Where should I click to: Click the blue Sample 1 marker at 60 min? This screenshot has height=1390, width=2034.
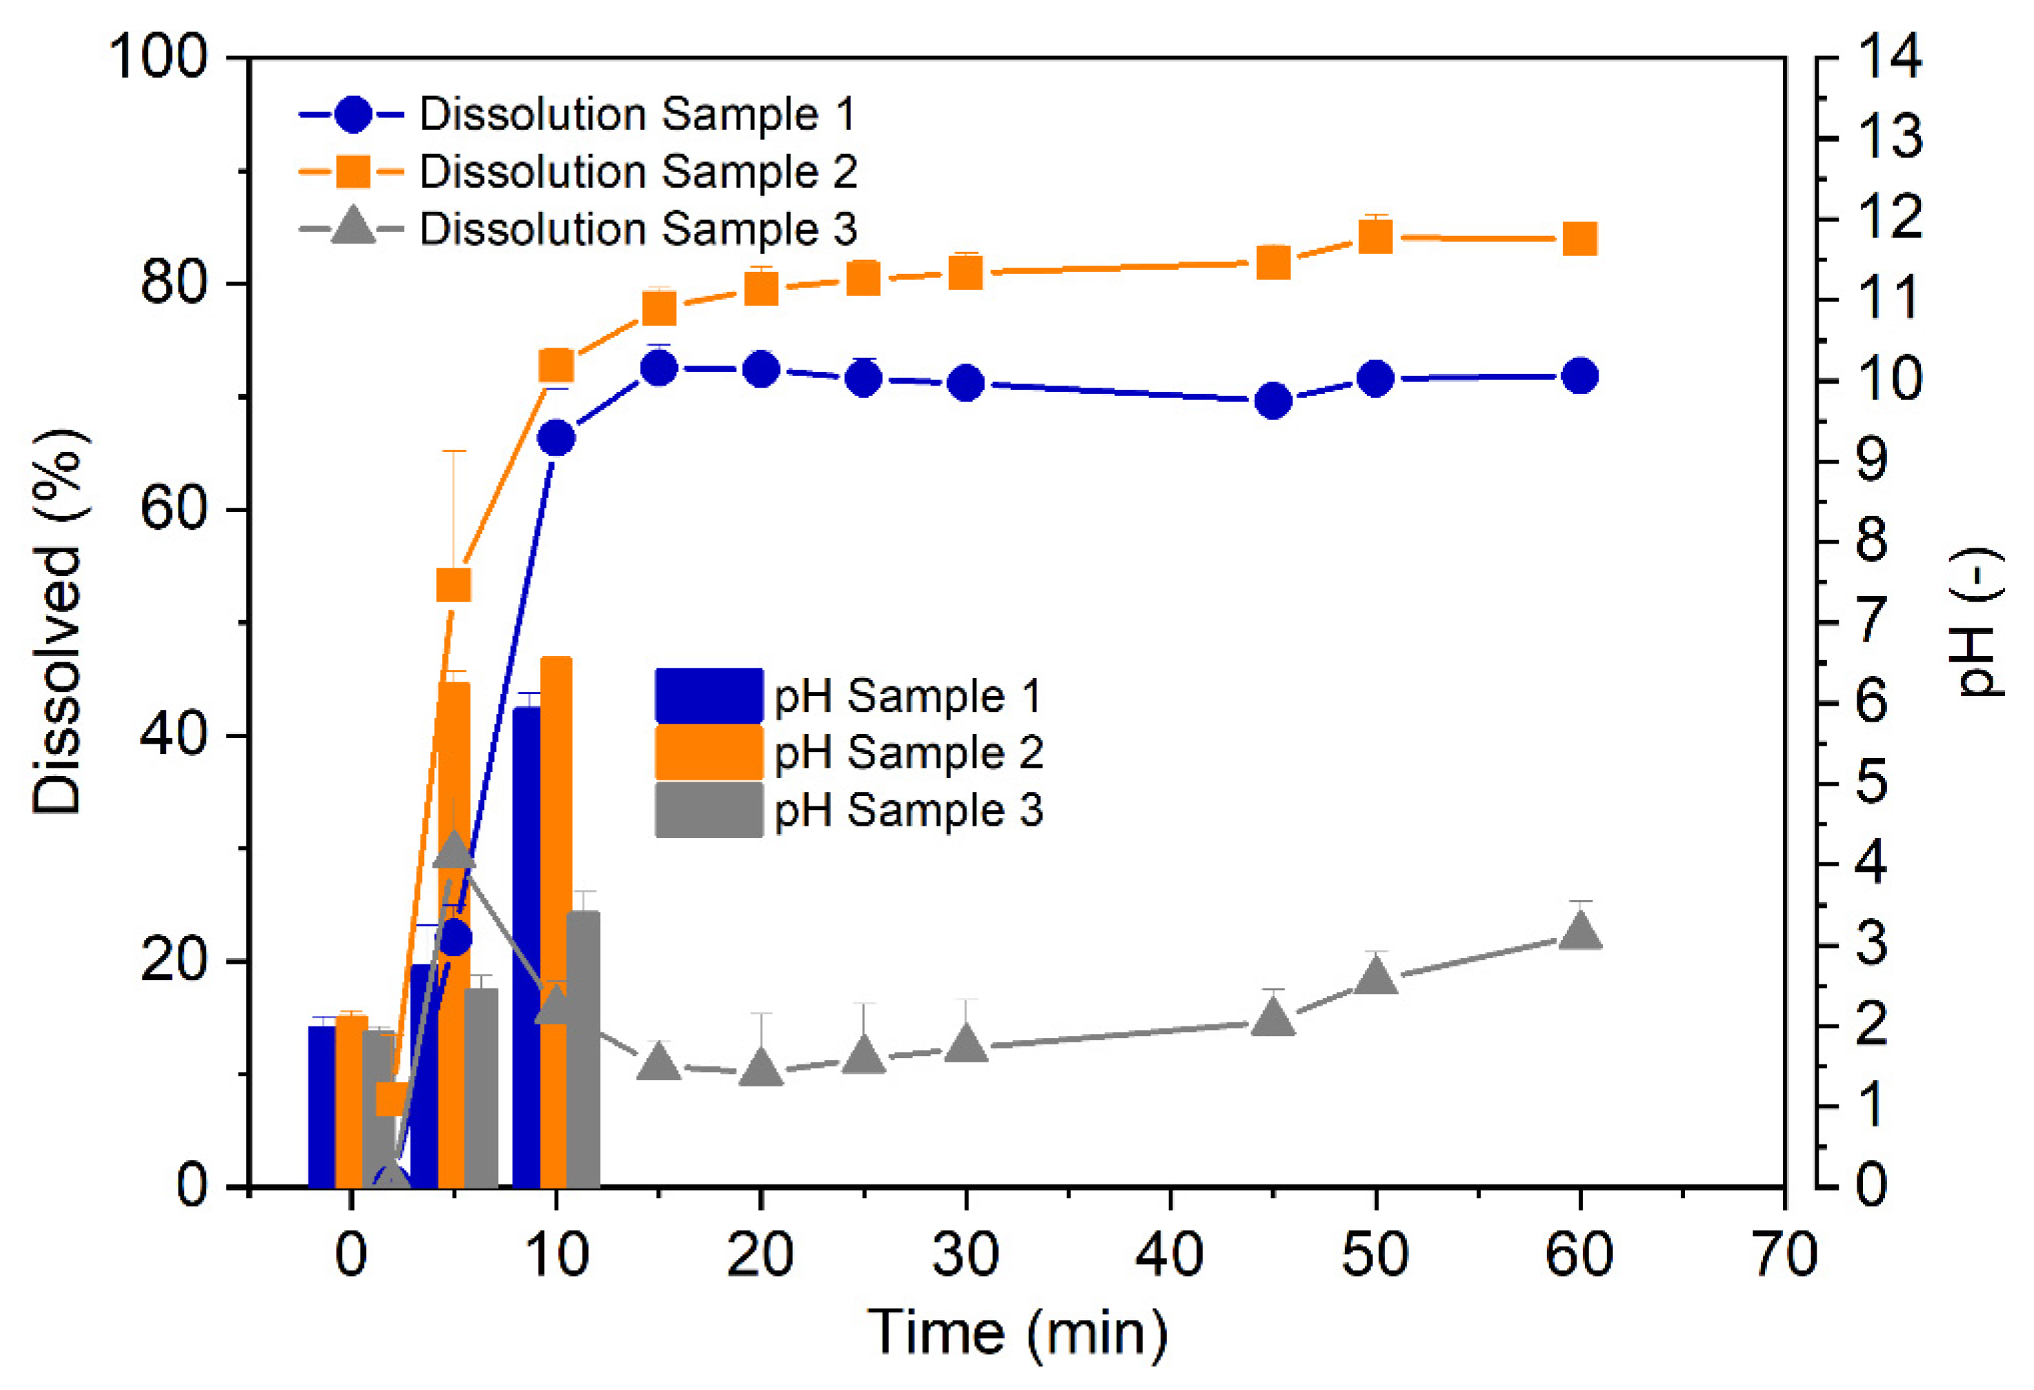click(x=1580, y=377)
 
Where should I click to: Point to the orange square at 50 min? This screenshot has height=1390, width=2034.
click(x=1376, y=237)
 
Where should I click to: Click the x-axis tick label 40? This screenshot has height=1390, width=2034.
click(x=1169, y=1254)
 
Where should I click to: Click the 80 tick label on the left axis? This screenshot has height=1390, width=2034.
click(x=173, y=284)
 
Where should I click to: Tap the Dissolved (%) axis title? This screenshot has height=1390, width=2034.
click(x=58, y=622)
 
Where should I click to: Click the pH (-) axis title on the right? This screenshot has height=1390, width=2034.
click(x=1979, y=622)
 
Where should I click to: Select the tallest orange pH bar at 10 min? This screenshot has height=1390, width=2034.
click(x=555, y=919)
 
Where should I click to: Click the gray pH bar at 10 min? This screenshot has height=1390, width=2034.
click(x=584, y=1051)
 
